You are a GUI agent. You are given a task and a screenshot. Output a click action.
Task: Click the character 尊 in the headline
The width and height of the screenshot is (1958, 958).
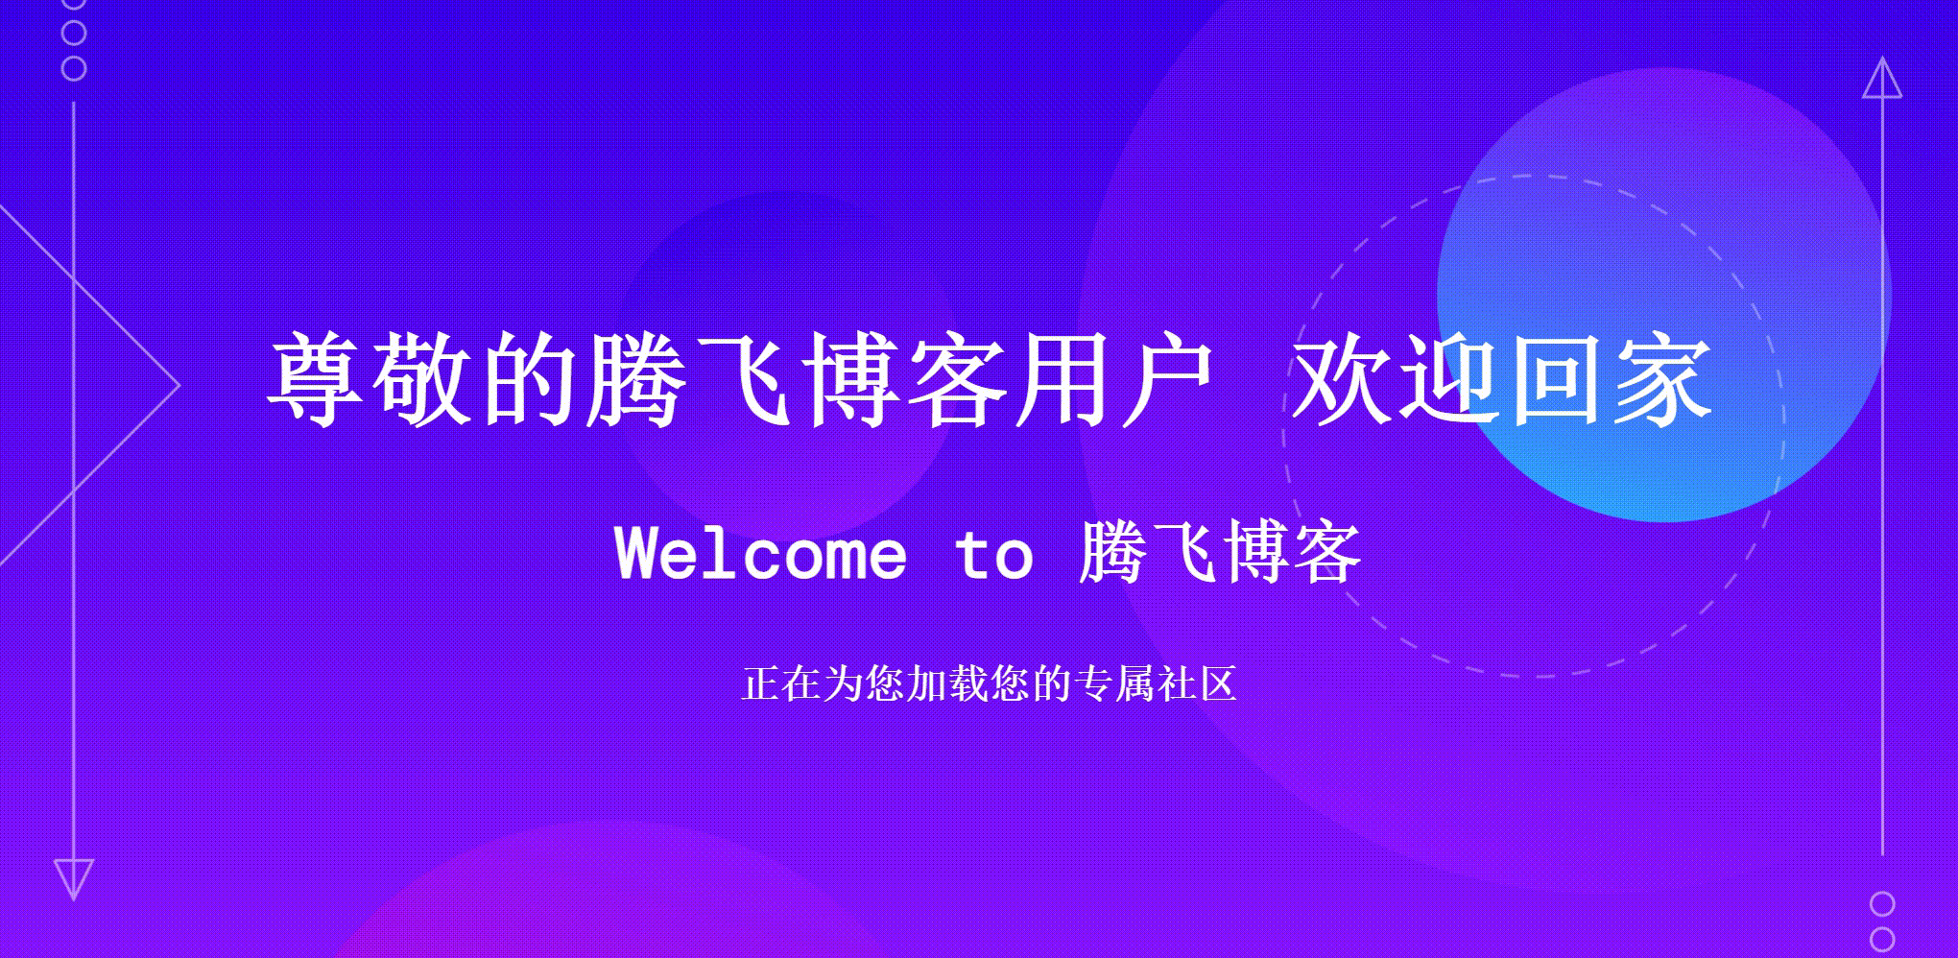pyautogui.click(x=317, y=380)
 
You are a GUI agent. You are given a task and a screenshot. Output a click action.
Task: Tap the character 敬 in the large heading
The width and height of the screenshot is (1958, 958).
pyautogui.click(x=423, y=380)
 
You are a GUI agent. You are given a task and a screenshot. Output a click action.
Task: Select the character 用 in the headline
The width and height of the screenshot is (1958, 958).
pyautogui.click(x=1063, y=380)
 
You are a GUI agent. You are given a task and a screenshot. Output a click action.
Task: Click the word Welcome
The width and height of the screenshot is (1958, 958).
pyautogui.click(x=760, y=554)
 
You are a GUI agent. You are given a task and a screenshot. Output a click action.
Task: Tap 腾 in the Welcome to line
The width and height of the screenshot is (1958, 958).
pyautogui.click(x=1113, y=554)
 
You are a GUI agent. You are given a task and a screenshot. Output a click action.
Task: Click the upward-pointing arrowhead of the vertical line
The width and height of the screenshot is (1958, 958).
pyautogui.click(x=1882, y=79)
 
